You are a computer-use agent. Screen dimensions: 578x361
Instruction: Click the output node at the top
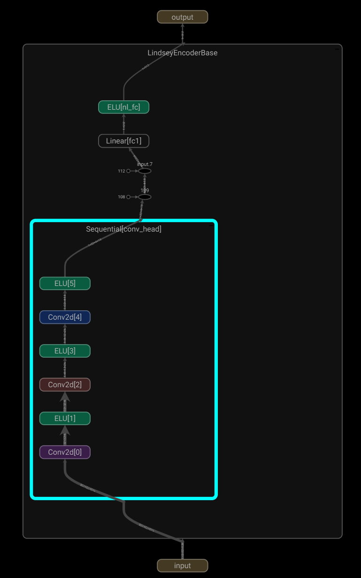pos(182,17)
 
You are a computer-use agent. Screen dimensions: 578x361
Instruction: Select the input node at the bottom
pos(182,565)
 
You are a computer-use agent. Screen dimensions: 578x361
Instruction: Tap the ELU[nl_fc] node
pos(123,107)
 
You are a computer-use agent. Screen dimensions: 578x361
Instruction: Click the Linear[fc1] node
pos(123,141)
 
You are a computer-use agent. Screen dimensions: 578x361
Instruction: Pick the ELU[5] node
pos(65,284)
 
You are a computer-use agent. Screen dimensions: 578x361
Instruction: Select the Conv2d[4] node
pos(65,317)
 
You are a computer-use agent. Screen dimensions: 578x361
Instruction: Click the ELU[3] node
pos(65,351)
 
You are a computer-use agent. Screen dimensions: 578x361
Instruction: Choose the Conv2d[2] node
pos(65,385)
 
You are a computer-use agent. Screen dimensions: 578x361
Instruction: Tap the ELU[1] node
pos(65,419)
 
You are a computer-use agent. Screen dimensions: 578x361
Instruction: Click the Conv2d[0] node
pos(65,452)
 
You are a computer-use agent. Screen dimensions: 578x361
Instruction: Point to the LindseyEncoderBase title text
pos(182,53)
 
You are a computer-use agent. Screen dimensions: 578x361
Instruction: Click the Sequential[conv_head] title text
pos(123,229)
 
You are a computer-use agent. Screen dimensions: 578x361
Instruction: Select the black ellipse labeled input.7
pos(145,171)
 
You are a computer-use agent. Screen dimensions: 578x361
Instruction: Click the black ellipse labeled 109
pos(145,197)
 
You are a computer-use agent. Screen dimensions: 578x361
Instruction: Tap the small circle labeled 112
pos(128,171)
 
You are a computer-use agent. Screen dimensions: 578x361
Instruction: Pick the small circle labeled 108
pos(128,197)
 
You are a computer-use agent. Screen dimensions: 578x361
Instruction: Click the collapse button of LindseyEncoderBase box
pos(337,49)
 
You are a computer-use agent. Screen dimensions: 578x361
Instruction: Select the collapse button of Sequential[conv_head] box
pos(211,226)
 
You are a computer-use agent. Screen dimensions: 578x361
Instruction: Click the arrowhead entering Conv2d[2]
pos(65,397)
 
